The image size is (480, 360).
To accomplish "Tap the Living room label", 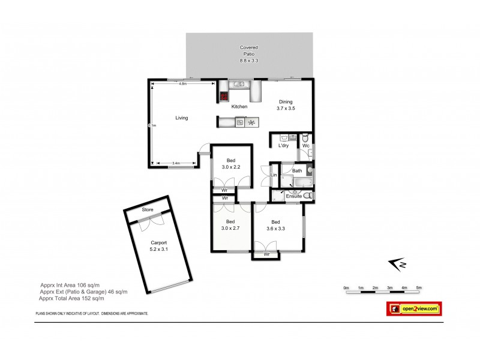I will point(181,118).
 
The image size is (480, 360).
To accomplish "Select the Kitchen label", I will point(239,107).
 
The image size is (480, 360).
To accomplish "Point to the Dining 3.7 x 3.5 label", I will point(286,105).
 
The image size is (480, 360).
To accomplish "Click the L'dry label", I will point(283,146).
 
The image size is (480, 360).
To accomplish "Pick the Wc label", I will point(305,146).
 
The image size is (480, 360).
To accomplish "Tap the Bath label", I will point(297,170).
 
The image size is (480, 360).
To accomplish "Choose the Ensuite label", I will point(293,196).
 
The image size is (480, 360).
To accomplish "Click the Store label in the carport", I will point(148,210).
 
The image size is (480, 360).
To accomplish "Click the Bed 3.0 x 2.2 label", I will point(230,163).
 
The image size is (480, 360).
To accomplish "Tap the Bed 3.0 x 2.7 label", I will point(230,224).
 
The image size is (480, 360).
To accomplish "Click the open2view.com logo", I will point(413,308).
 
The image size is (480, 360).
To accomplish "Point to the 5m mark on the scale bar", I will point(419,288).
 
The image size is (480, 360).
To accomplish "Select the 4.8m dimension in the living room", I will point(182,84).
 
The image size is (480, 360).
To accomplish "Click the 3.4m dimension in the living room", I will point(176,163).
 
